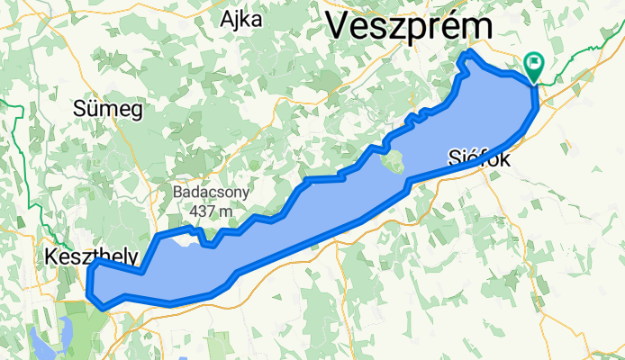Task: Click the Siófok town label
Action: [479, 159]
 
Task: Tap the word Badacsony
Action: [212, 193]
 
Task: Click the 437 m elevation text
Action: [212, 211]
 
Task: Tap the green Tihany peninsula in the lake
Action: [393, 164]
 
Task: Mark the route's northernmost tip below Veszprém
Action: [467, 57]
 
